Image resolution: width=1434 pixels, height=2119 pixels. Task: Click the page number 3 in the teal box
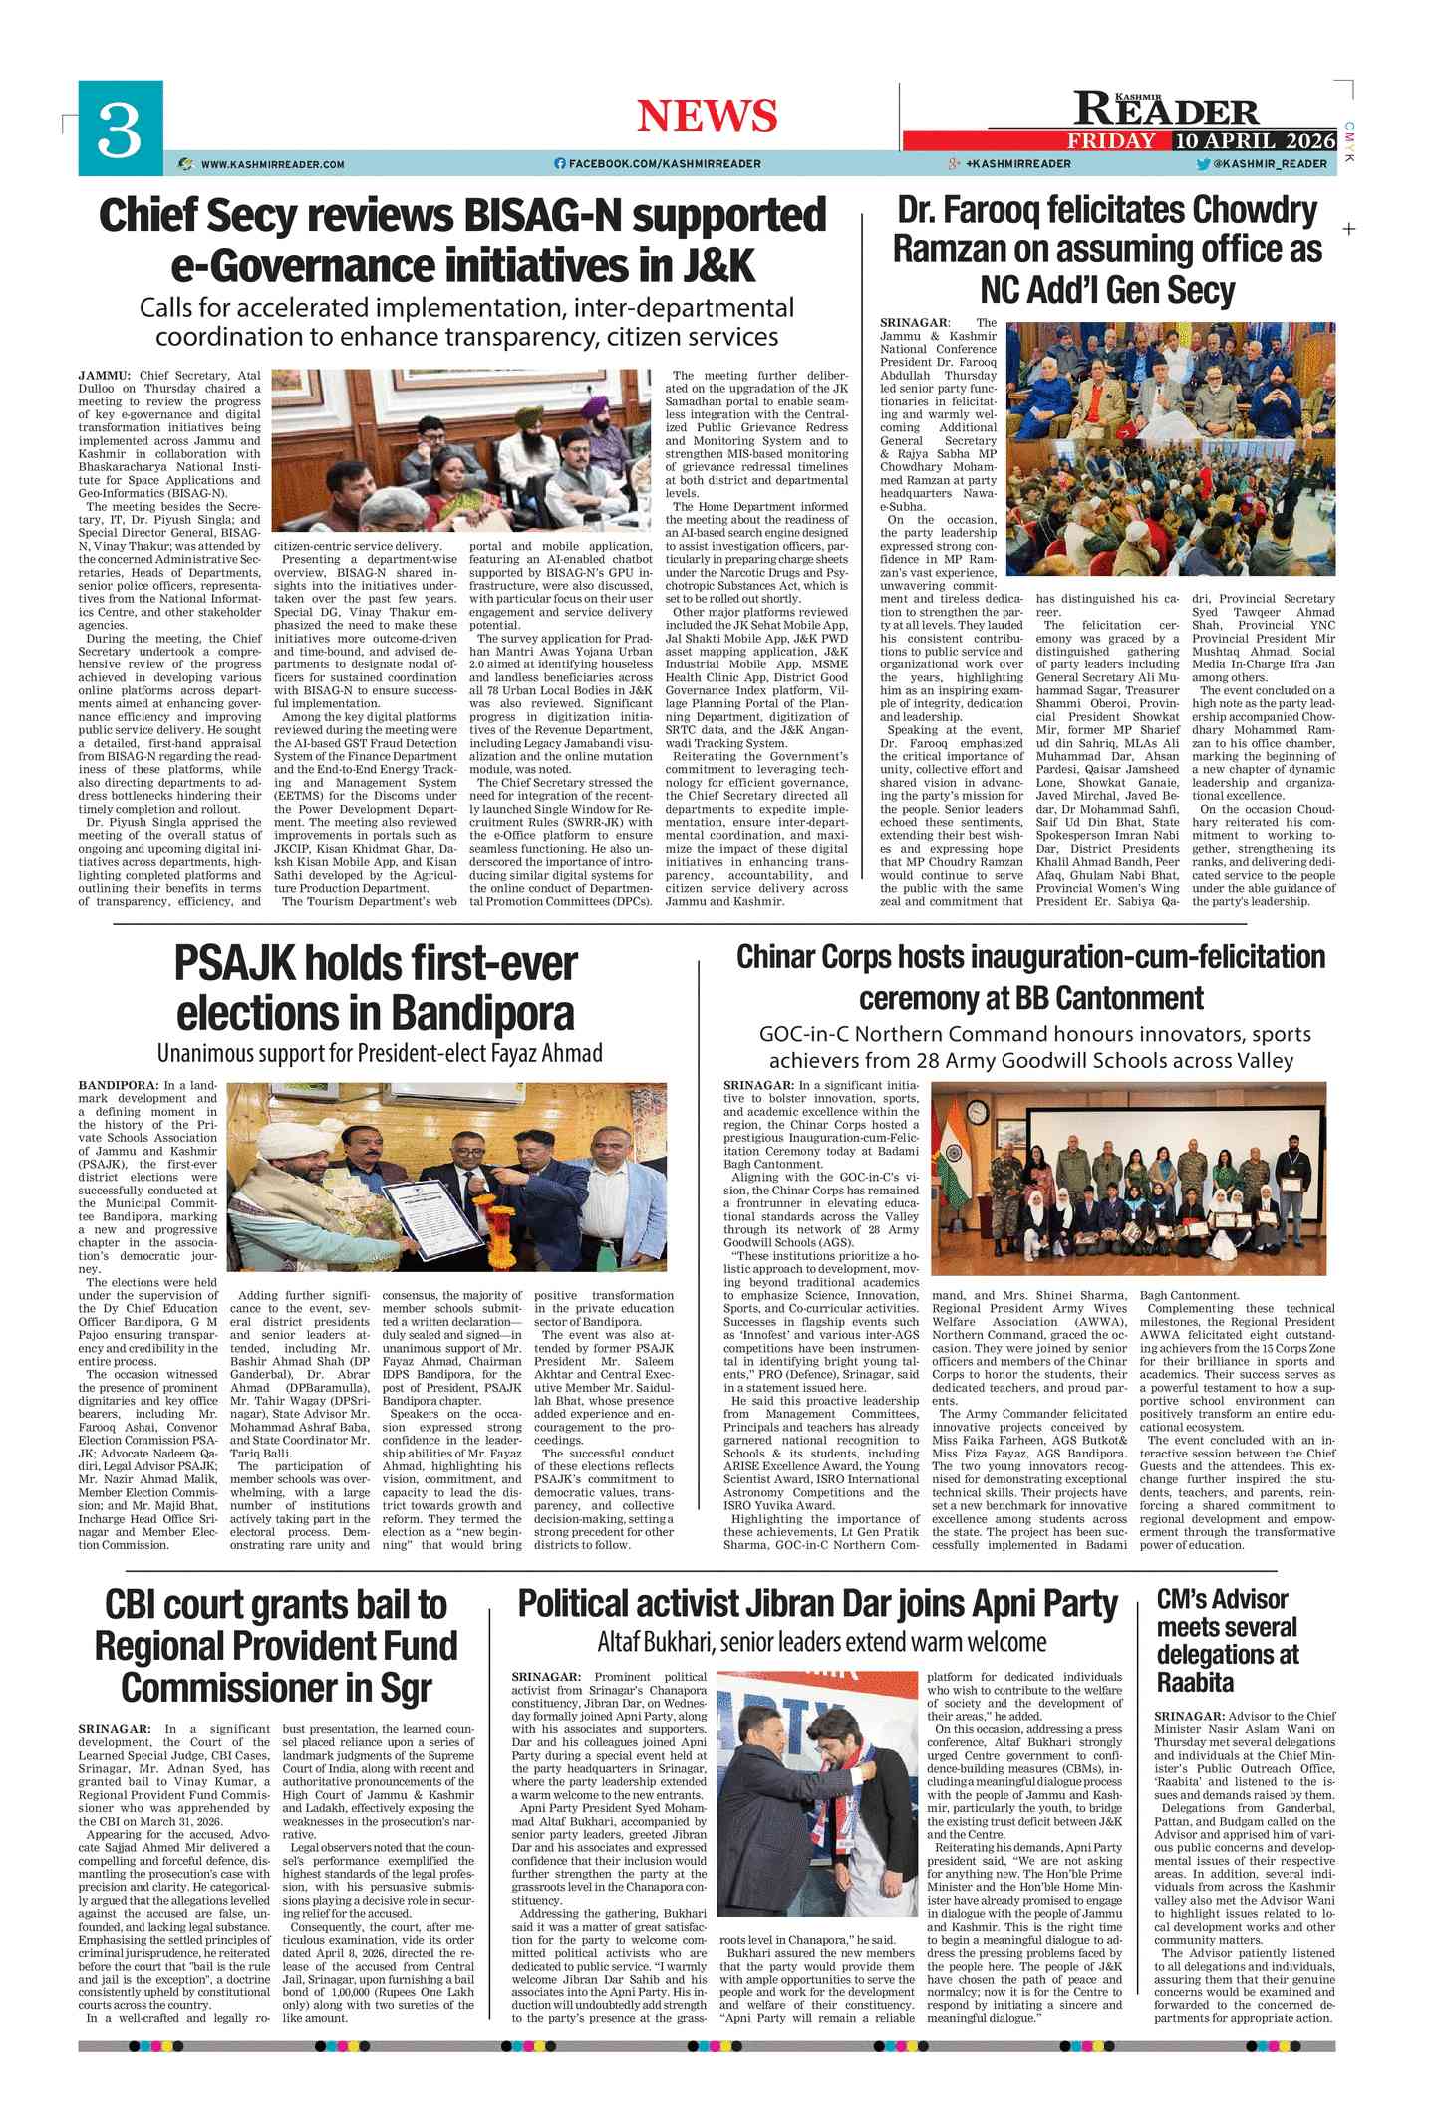[x=120, y=130]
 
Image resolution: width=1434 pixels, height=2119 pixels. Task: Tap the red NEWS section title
[x=707, y=116]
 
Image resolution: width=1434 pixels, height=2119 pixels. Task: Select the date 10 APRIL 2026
[x=1255, y=141]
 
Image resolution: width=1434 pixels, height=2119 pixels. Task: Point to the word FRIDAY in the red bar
[x=1111, y=141]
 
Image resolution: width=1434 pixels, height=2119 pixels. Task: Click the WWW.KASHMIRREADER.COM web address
[x=272, y=164]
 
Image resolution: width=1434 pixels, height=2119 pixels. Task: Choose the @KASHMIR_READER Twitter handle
[x=1270, y=164]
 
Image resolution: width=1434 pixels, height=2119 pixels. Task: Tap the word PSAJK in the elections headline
[x=235, y=963]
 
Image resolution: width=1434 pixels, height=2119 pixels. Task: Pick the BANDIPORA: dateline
[x=118, y=1085]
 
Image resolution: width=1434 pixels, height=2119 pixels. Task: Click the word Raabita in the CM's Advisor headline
[x=1196, y=1682]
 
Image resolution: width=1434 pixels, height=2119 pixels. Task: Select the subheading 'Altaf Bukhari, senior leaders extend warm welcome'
[x=821, y=1642]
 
